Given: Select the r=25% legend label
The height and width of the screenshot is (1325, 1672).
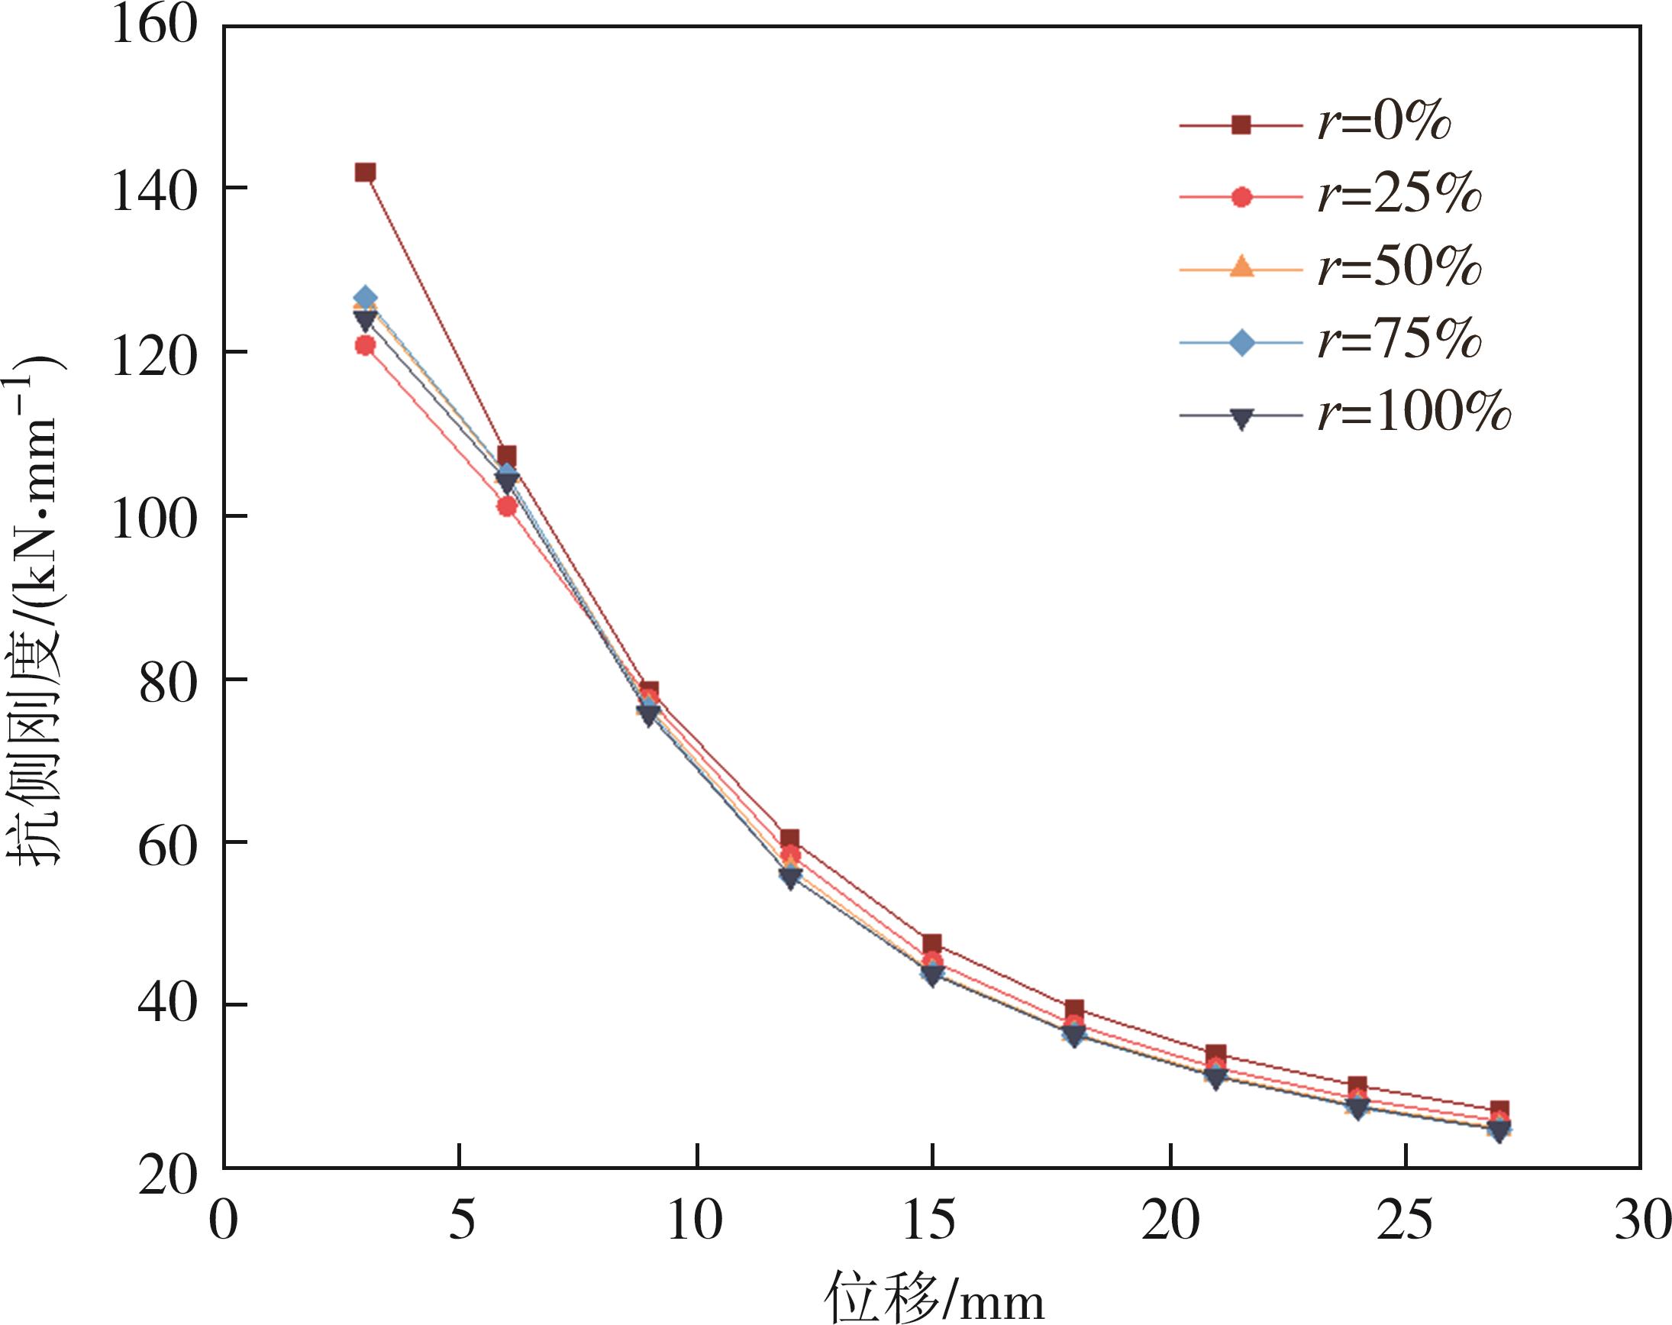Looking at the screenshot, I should [x=1399, y=196].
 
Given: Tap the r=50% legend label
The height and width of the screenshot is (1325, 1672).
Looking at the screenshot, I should [x=1399, y=268].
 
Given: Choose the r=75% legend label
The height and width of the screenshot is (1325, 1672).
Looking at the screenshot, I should [x=1399, y=341].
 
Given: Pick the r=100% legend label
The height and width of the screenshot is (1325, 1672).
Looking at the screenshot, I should [x=1414, y=413].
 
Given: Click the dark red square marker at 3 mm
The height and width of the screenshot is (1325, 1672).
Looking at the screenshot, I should [x=365, y=173].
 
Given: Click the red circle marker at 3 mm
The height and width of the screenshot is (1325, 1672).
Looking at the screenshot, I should [x=365, y=345].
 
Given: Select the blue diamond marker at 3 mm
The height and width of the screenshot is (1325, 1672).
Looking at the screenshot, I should [x=365, y=298].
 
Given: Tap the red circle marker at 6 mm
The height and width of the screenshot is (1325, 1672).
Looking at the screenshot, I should [x=507, y=506].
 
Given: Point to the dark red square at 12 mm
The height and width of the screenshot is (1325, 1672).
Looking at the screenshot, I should [x=789, y=839].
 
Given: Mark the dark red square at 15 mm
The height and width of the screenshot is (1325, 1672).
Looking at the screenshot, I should [x=932, y=943].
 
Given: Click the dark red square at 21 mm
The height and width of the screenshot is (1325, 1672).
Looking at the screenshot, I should [x=1216, y=1054].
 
